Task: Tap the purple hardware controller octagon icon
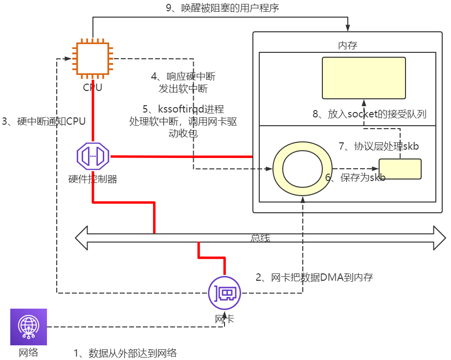[x=93, y=157]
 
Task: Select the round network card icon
[x=225, y=293]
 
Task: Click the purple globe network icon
[x=28, y=326]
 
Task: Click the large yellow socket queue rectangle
[x=363, y=78]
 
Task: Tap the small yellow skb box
[x=400, y=169]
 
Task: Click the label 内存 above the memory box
[x=348, y=45]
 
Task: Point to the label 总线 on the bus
[x=260, y=238]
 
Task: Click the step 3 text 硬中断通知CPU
[x=44, y=122]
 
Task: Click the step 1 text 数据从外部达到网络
[x=125, y=353]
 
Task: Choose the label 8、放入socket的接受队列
[x=369, y=114]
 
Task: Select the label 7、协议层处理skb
[x=379, y=146]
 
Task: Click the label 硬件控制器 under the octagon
[x=93, y=179]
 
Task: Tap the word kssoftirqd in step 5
[x=180, y=109]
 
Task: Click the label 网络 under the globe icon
[x=28, y=352]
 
